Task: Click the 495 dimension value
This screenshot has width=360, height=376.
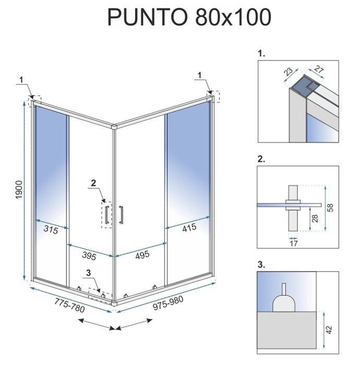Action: [142, 254]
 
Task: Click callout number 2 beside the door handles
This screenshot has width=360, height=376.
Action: [93, 183]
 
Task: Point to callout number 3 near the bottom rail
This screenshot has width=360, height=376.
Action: [89, 272]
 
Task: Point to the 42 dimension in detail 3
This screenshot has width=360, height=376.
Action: [329, 330]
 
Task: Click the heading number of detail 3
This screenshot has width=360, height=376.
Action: [261, 265]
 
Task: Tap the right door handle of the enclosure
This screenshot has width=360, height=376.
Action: [121, 216]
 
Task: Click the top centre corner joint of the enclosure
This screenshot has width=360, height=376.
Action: [114, 126]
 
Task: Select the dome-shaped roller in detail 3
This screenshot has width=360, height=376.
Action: [283, 302]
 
